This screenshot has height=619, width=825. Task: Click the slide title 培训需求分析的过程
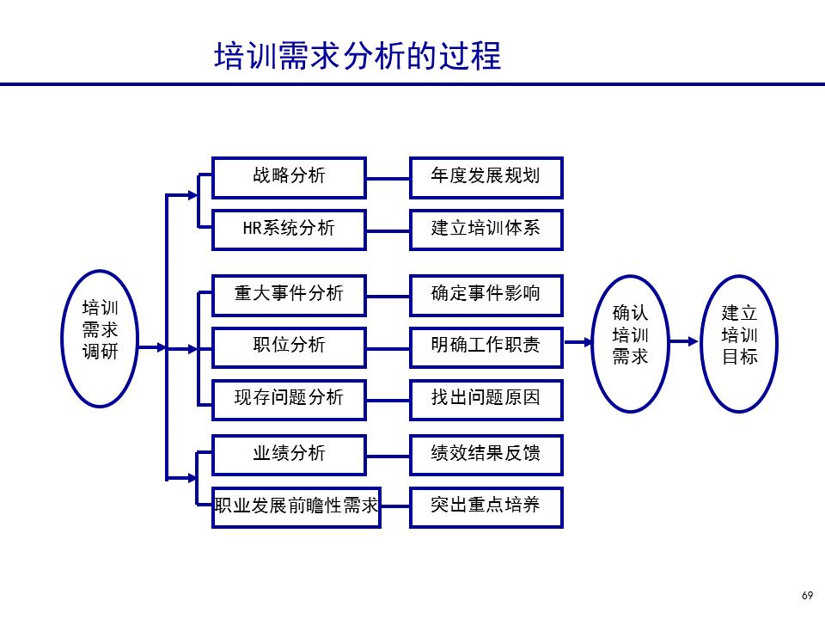pos(357,56)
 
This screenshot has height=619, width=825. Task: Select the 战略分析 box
pos(289,177)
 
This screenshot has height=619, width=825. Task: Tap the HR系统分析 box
pos(289,230)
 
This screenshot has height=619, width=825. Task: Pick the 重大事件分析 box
pos(289,295)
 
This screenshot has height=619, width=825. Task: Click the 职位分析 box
pos(289,346)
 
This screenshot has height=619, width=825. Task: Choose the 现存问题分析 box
pos(289,398)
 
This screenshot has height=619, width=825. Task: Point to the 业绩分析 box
pos(289,454)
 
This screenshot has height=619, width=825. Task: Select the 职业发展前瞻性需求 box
pos(296,506)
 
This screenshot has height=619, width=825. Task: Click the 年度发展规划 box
pos(486,177)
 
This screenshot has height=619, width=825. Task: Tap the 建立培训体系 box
pos(486,230)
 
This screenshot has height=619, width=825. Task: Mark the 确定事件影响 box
pos(486,295)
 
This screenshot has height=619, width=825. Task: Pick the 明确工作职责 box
pos(486,346)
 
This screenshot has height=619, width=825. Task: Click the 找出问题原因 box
pos(486,398)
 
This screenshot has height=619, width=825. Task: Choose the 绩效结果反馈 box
pos(486,454)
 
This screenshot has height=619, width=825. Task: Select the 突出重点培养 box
pos(486,506)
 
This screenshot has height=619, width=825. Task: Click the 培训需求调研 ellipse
pos(101,338)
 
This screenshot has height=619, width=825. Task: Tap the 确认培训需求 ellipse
pos(630,342)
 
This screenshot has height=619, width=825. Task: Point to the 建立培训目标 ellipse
pos(740,342)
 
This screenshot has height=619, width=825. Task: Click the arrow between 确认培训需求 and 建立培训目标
pos(685,341)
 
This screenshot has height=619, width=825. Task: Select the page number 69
pos(806,596)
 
